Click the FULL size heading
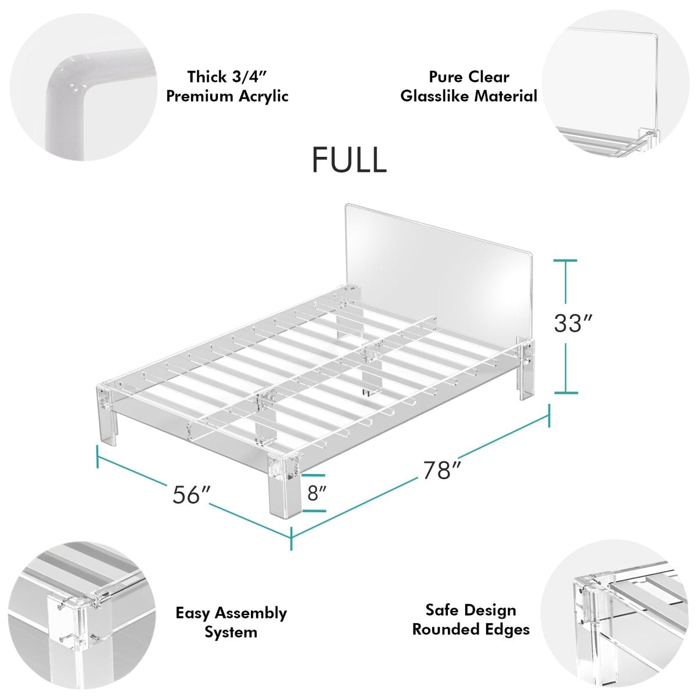coord(349,159)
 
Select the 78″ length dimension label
coord(437,470)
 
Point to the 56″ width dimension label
coord(191,495)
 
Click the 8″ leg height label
coord(317,493)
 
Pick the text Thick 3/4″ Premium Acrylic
coord(227,86)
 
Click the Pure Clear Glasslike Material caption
coord(469,86)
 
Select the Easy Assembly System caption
coord(231,622)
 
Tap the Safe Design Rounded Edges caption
coord(470,619)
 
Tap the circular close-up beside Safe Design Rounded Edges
coord(616,619)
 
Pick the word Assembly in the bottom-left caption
coord(251,613)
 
